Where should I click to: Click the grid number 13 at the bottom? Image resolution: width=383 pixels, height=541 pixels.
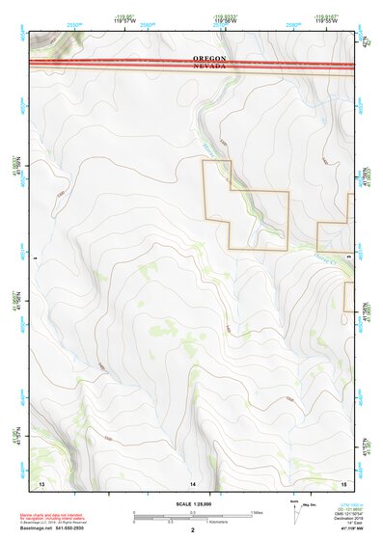click(x=41, y=481)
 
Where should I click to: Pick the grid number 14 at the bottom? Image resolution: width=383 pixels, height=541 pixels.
click(x=193, y=481)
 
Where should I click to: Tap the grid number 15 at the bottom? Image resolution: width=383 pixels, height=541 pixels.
click(x=342, y=481)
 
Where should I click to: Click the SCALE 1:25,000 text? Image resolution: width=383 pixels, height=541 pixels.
click(x=193, y=503)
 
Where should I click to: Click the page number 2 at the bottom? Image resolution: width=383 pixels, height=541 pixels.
click(x=193, y=530)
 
